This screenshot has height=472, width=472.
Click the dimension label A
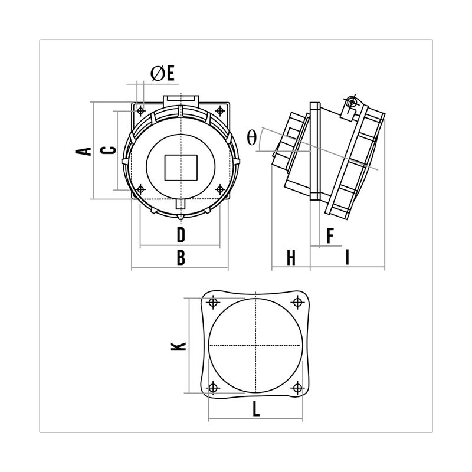pos(83,151)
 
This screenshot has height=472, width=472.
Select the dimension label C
pos(109,150)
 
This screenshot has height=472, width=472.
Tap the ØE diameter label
pos(163,73)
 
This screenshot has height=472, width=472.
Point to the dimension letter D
pos(181,235)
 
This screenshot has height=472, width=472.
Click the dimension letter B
pos(181,257)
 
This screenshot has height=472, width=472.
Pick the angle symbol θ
pos(251,138)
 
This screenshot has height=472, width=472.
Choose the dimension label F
pos(330,235)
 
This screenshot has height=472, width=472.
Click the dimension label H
pos(291,258)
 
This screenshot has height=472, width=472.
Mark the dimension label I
pos(348,258)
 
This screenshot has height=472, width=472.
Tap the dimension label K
pos(179,346)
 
